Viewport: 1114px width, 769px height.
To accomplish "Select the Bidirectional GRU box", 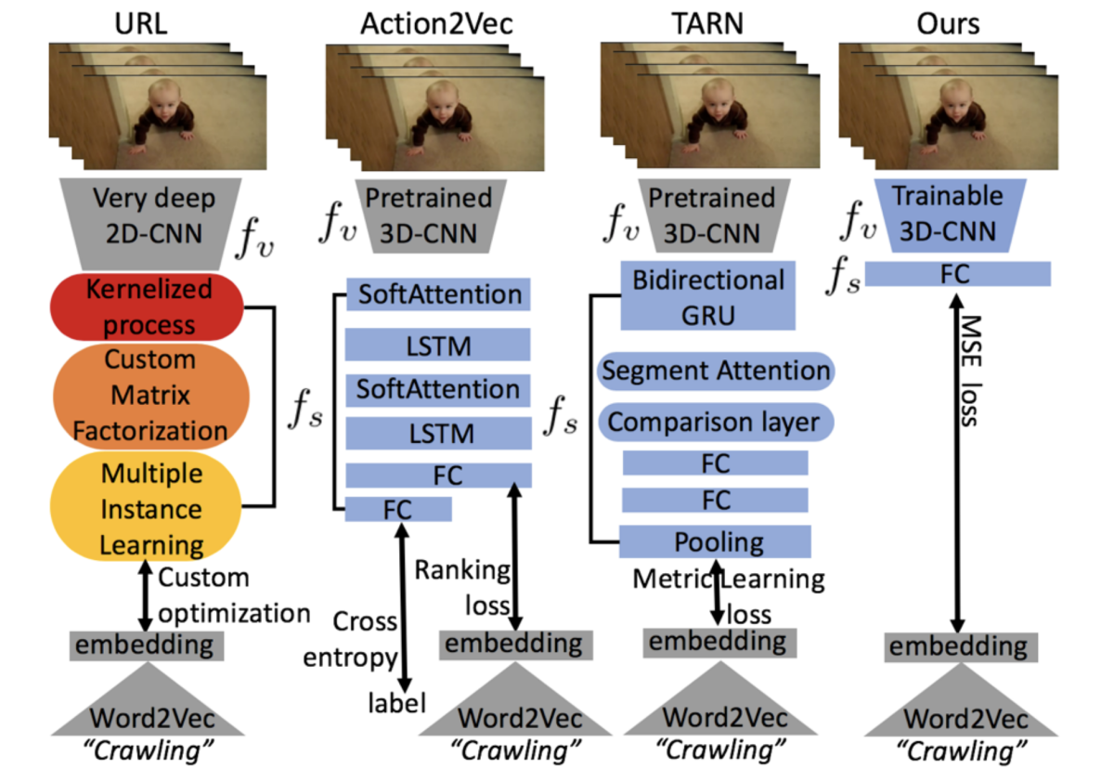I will click(707, 296).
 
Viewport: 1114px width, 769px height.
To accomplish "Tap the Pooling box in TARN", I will click(716, 541).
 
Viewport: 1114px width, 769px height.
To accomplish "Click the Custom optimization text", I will click(232, 595).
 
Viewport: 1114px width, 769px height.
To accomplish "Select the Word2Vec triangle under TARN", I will click(714, 711).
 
